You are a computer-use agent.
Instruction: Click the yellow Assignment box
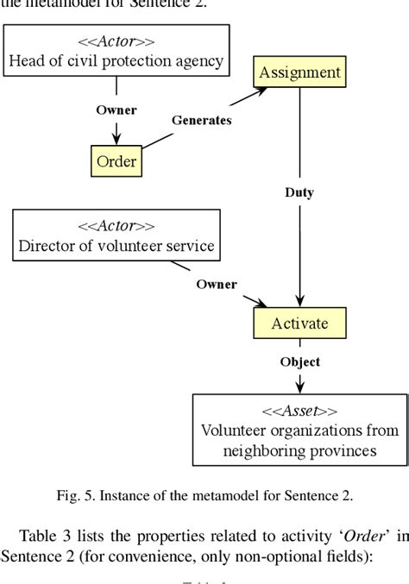pyautogui.click(x=299, y=72)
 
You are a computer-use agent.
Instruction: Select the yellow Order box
pyautogui.click(x=116, y=160)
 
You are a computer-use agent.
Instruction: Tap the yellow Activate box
pyautogui.click(x=299, y=324)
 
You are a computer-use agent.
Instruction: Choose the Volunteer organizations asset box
pyautogui.click(x=299, y=429)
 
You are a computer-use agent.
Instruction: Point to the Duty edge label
pyautogui.click(x=299, y=192)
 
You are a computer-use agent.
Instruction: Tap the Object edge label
pyautogui.click(x=299, y=362)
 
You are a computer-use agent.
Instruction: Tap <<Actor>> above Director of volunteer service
pyautogui.click(x=116, y=227)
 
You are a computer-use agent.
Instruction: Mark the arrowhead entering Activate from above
pyautogui.click(x=299, y=305)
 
